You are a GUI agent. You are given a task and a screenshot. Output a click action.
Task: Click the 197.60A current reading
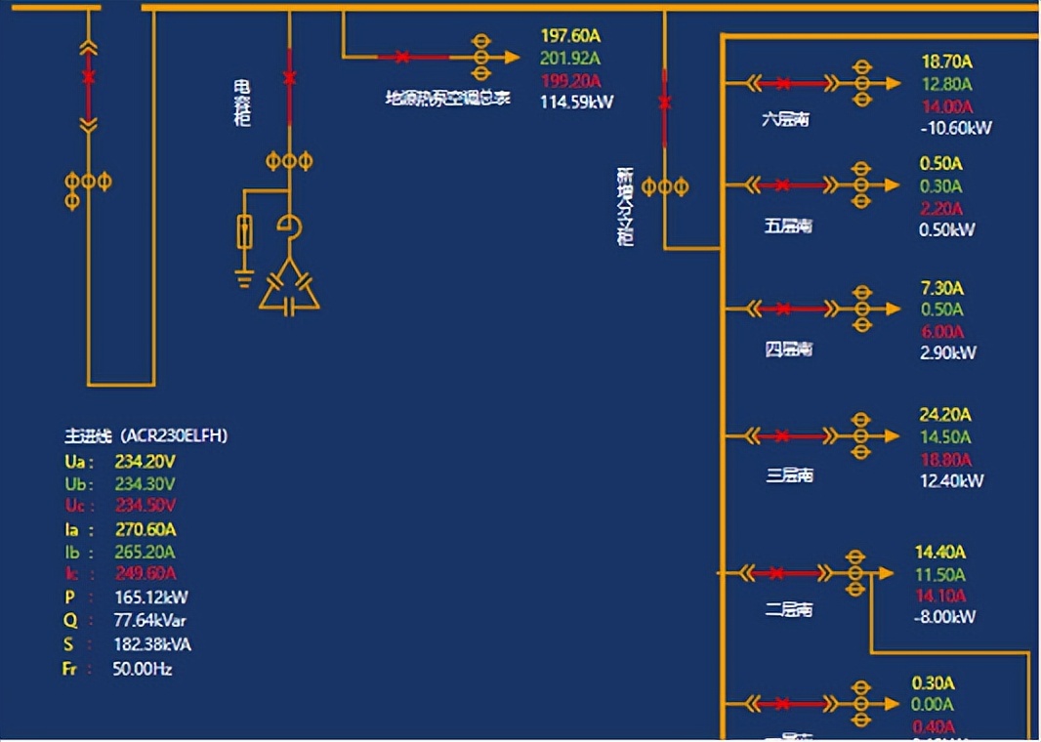point(570,37)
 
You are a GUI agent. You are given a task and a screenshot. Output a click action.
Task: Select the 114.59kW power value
point(577,102)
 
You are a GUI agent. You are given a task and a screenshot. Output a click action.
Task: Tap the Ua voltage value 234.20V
point(145,462)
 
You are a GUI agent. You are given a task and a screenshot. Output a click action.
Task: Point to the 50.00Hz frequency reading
point(143,669)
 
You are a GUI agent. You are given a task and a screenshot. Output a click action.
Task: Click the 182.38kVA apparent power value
point(152,644)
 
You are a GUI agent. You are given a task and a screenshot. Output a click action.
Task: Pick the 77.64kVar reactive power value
point(150,620)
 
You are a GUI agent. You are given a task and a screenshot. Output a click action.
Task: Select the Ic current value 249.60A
point(145,573)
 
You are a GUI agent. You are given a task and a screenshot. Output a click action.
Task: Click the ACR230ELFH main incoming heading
point(146,436)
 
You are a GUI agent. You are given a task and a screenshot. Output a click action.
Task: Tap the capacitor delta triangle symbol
point(289,288)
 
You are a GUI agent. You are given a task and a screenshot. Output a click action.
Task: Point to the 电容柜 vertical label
point(242,103)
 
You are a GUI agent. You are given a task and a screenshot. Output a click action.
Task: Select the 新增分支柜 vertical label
point(625,206)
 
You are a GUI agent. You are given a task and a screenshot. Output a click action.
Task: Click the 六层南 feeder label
point(786,120)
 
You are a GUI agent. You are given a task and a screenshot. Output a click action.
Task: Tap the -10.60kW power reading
point(956,128)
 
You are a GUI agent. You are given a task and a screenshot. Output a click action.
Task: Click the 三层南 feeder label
point(789,475)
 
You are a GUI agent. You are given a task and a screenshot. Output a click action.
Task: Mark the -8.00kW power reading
point(945,617)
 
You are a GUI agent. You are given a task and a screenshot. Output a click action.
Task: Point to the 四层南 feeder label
point(788,350)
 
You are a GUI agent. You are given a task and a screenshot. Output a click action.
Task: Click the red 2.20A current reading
point(940,208)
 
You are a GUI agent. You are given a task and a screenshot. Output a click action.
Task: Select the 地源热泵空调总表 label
point(448,98)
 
